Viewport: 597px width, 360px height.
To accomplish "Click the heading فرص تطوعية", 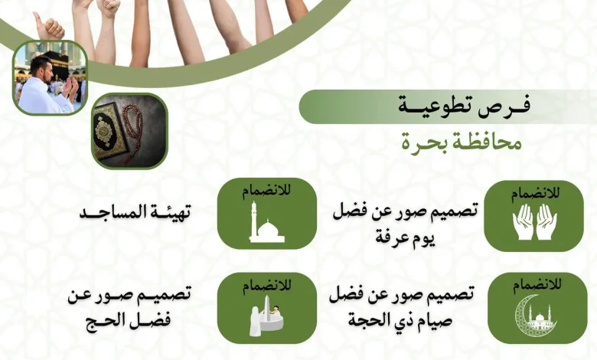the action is coord(464,106).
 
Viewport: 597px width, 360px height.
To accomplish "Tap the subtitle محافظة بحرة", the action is coord(462,144).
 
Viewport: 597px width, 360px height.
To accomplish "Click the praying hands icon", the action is coord(534,222).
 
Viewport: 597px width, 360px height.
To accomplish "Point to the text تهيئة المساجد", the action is coord(135,212).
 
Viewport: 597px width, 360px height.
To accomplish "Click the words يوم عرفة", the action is coord(405,237).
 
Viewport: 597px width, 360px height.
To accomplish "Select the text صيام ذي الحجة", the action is coord(400,319).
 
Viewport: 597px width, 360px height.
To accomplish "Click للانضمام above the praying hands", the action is coord(535,194).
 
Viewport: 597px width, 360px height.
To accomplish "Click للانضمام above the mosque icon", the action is coord(266,190).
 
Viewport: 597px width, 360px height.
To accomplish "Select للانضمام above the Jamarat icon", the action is coord(267,286).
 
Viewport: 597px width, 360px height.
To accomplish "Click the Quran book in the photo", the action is coord(107,131).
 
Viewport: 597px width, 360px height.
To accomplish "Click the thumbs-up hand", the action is coord(48,26).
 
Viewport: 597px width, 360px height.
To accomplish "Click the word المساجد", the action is coord(109,212).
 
